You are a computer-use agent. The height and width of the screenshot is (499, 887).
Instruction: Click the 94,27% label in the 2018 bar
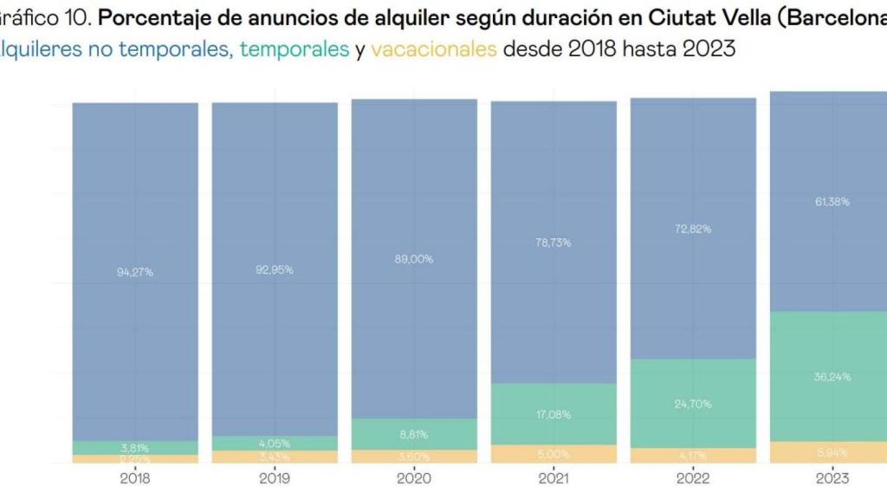135,272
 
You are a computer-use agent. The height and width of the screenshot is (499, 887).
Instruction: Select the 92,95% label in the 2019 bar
275,269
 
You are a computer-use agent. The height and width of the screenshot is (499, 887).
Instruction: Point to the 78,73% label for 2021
554,243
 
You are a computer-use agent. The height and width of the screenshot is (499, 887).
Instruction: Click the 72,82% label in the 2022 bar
693,229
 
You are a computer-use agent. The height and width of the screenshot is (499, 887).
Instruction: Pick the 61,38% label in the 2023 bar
832,201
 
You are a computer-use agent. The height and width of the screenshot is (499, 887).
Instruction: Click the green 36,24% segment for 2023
832,377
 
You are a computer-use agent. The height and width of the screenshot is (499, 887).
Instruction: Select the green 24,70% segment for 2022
693,404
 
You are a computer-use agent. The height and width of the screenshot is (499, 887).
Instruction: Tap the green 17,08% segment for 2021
554,414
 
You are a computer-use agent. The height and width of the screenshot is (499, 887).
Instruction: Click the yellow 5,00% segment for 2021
554,454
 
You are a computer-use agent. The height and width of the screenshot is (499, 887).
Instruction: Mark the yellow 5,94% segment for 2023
832,452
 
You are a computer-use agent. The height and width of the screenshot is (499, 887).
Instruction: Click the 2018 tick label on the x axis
135,478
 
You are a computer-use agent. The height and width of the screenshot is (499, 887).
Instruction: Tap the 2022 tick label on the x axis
693,478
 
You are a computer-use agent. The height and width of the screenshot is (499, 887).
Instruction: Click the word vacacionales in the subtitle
433,49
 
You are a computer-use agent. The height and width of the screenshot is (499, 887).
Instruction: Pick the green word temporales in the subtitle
294,49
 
